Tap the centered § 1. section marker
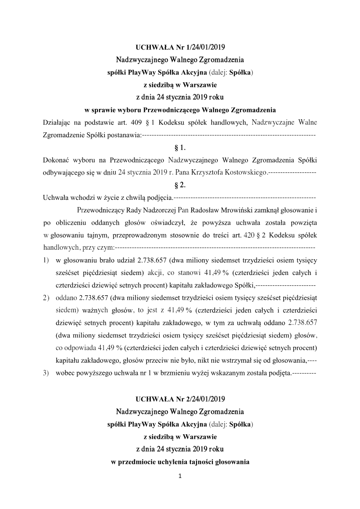[x=180, y=147]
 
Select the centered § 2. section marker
[x=180, y=185]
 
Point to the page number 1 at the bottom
[x=180, y=476]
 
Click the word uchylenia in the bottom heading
[x=176, y=462]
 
